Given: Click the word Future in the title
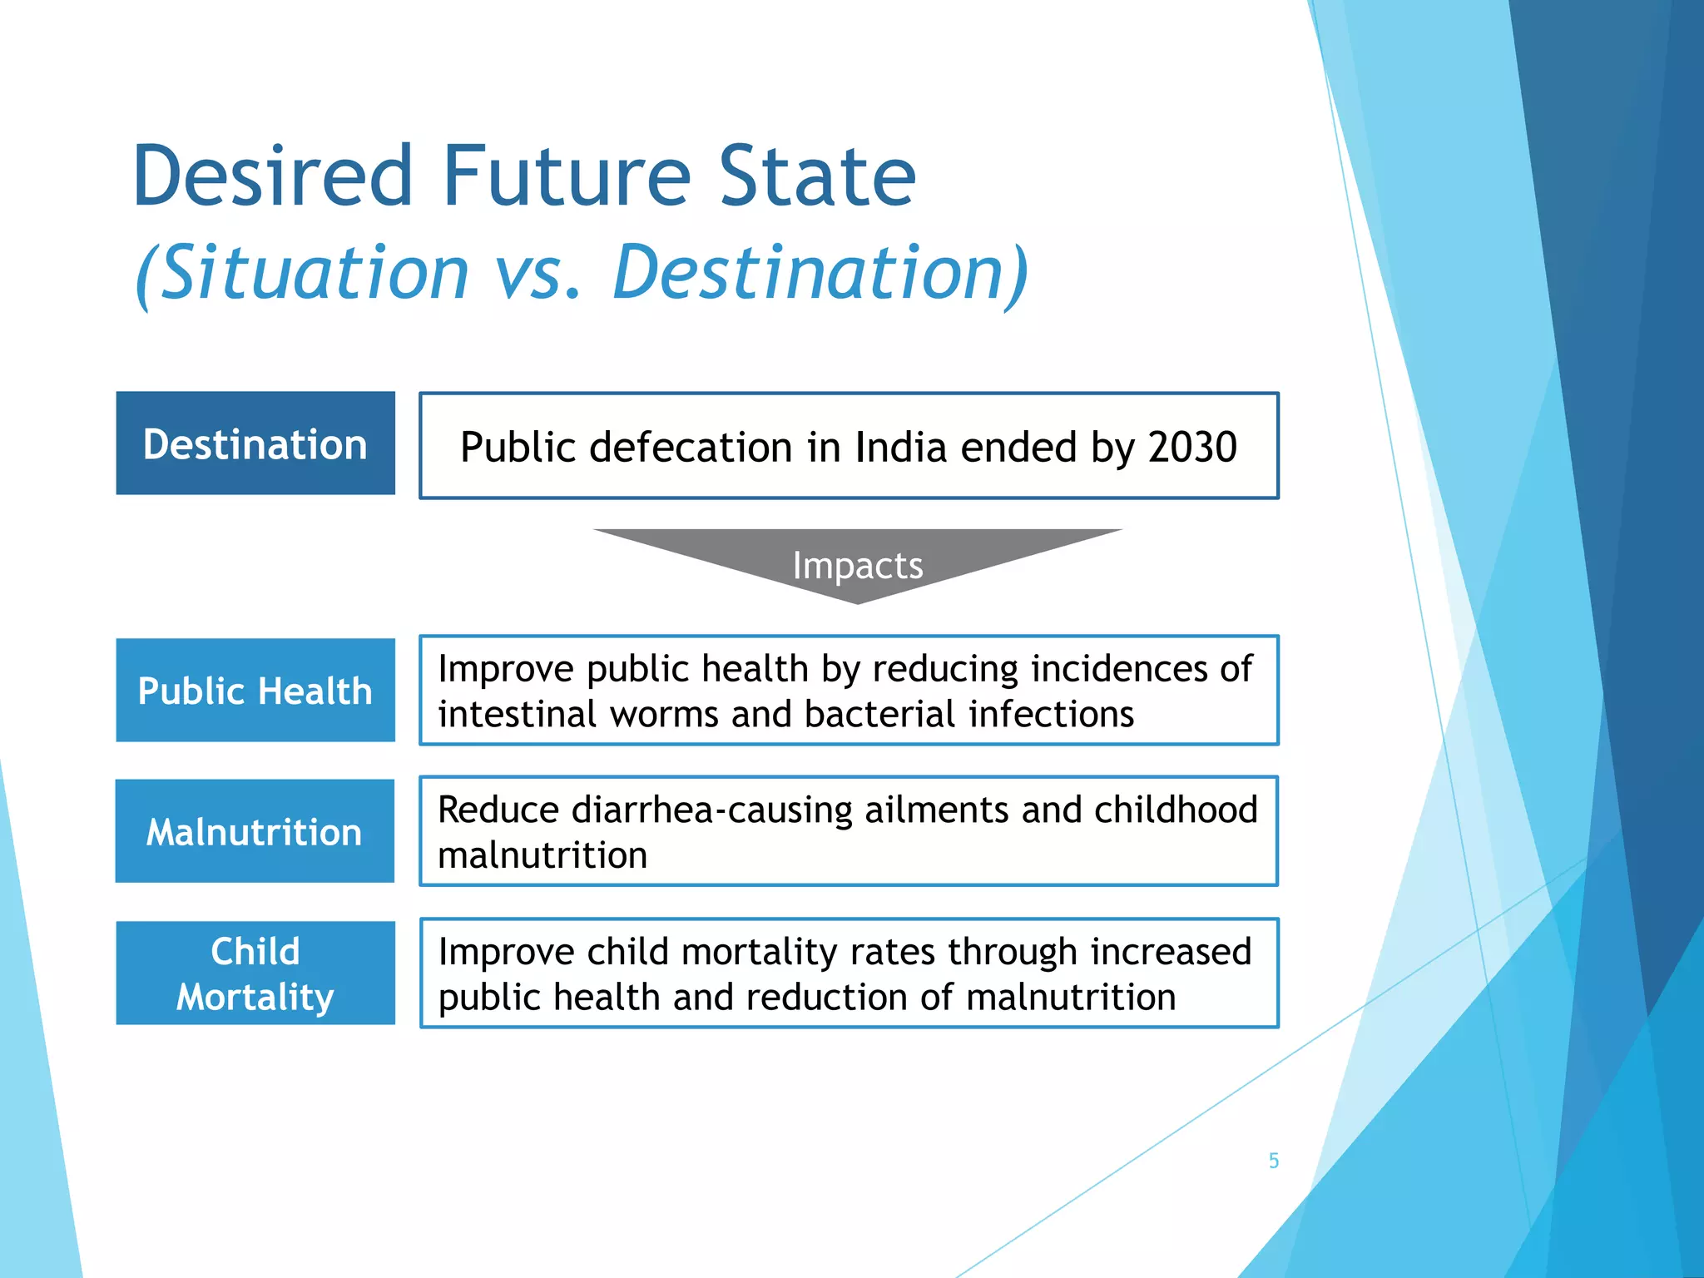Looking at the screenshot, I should click(567, 176).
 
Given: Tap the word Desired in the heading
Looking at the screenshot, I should click(272, 176).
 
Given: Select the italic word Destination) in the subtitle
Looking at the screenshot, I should click(820, 273).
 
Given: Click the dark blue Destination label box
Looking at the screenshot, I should click(255, 443).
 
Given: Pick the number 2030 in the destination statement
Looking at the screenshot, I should click(1192, 447).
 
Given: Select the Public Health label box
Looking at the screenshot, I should click(255, 691).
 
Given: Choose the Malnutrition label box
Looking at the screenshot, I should click(255, 831).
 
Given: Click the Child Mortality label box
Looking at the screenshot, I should click(255, 973).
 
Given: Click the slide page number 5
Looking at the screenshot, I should click(1273, 1161).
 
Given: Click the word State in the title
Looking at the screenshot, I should click(816, 176).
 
